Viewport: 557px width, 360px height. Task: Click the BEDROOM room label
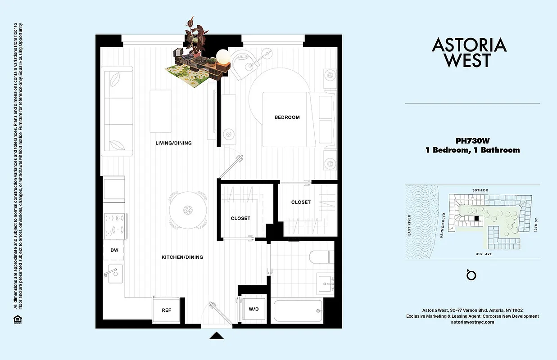pos(287,117)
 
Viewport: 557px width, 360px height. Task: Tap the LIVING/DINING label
pos(173,143)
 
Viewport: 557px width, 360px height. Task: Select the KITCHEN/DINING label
pos(182,257)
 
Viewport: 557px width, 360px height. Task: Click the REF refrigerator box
pos(167,310)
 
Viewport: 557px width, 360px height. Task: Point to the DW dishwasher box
pos(114,251)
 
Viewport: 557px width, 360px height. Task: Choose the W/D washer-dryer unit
pos(254,309)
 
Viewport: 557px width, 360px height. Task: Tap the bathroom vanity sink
pos(325,283)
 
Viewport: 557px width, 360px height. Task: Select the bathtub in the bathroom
pos(297,311)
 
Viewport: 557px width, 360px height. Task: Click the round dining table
pos(188,209)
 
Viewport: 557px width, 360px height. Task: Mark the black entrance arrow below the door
pos(217,335)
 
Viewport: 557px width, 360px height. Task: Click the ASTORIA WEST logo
pos(469,52)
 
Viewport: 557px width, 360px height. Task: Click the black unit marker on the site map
pos(476,218)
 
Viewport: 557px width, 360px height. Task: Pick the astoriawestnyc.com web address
pos(472,322)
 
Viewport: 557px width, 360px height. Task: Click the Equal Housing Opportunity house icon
pos(16,319)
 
